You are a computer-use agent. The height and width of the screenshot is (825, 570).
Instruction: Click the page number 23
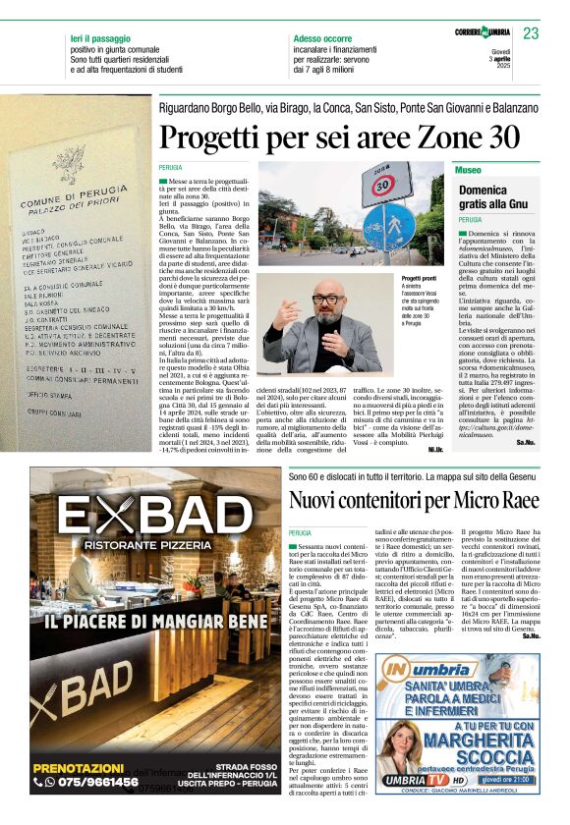(x=531, y=33)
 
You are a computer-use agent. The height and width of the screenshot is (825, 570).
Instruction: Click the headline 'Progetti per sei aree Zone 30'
(x=339, y=136)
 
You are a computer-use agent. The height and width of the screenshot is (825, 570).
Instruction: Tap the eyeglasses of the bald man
(x=325, y=299)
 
